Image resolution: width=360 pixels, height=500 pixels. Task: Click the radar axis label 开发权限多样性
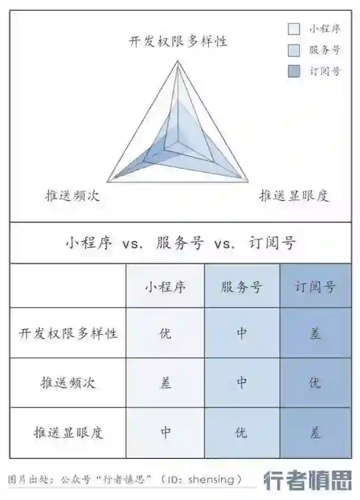click(x=178, y=41)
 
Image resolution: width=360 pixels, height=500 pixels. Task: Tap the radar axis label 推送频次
click(x=72, y=196)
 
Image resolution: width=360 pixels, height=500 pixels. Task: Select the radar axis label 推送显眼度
click(x=294, y=196)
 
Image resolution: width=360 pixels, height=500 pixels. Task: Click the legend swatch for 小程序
click(x=293, y=29)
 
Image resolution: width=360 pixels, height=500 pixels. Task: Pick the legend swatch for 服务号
click(x=293, y=50)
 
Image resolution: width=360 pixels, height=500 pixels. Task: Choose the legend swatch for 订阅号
click(x=293, y=71)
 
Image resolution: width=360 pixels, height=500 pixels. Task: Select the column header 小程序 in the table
click(x=165, y=287)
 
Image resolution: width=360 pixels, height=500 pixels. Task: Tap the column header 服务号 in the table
click(x=241, y=287)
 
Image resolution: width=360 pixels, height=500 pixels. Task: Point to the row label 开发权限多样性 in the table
click(x=68, y=333)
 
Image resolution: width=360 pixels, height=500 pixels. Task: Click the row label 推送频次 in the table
click(x=68, y=382)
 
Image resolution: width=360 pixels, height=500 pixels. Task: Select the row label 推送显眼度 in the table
click(x=68, y=432)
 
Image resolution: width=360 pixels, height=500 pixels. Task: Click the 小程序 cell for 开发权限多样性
click(x=165, y=333)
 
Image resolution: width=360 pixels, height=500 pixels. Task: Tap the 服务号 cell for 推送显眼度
click(x=241, y=432)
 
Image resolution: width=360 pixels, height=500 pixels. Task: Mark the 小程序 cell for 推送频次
click(x=165, y=382)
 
